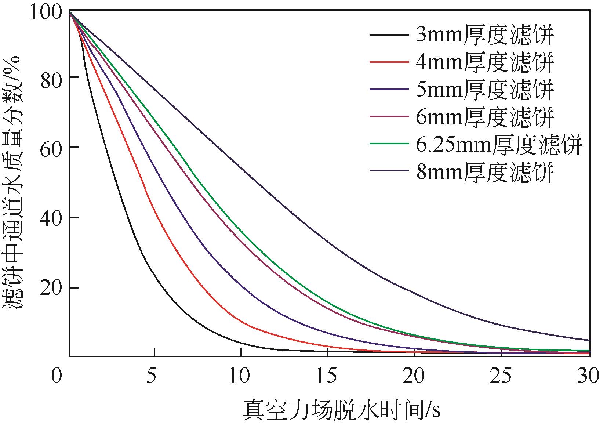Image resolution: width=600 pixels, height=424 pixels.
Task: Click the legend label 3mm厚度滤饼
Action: click(485, 35)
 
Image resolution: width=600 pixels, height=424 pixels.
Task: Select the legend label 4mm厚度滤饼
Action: click(485, 62)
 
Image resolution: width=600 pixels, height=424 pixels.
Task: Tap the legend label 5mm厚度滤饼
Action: click(485, 90)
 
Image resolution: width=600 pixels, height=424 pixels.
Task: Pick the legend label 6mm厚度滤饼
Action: click(485, 117)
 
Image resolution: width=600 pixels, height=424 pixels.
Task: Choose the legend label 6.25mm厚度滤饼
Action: click(499, 144)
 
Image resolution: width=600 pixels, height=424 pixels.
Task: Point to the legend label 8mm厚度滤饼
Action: click(485, 171)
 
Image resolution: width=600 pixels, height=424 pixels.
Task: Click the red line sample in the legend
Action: click(389, 62)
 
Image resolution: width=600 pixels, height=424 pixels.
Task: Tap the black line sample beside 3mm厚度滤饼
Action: click(389, 35)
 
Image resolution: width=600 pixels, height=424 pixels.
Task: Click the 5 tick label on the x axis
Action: click(151, 376)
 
